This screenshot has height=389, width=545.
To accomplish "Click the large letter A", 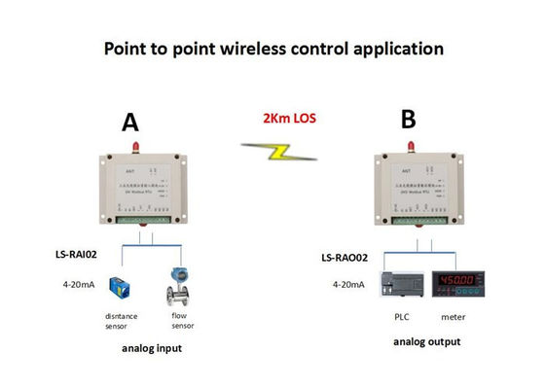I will click(130, 123).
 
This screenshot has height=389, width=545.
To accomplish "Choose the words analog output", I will click(426, 342).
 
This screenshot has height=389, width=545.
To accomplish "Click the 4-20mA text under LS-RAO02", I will click(348, 284).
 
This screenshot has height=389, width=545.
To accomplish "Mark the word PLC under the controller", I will click(401, 317).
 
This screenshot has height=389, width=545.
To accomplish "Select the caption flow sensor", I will click(181, 321).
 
